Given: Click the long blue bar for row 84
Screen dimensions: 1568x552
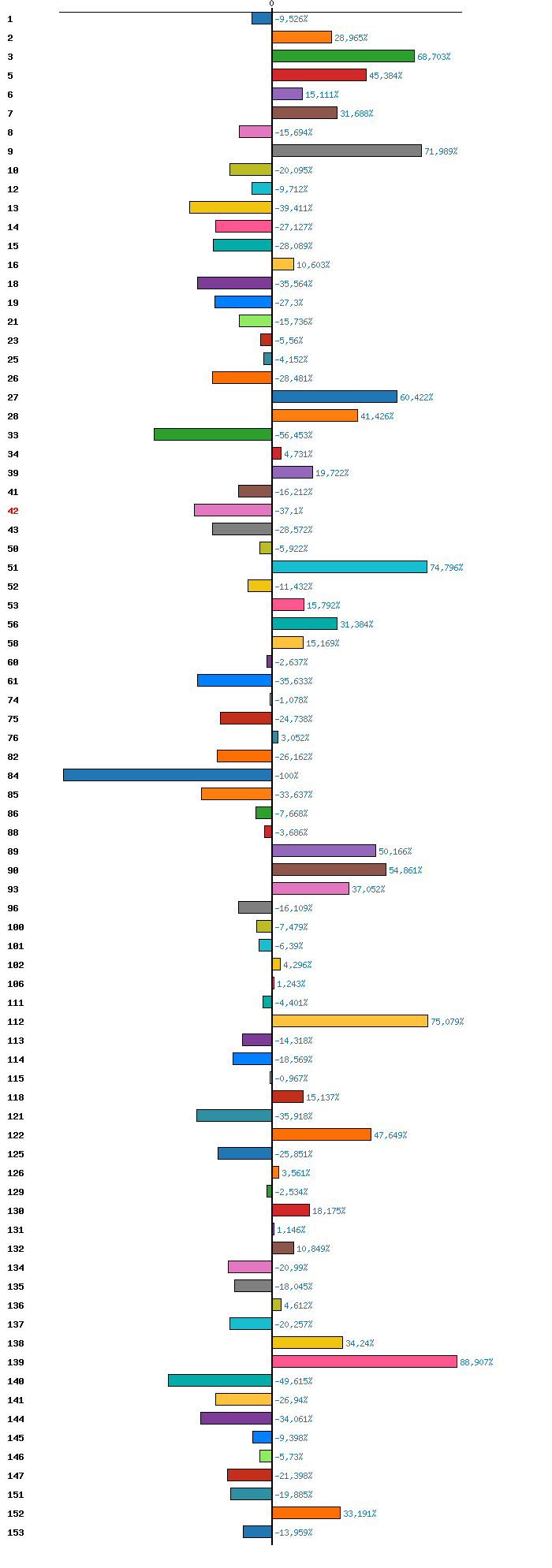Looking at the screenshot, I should pyautogui.click(x=167, y=775).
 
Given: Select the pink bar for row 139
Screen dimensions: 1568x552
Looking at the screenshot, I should pyautogui.click(x=364, y=1361).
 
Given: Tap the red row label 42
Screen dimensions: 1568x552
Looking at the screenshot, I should pyautogui.click(x=13, y=511).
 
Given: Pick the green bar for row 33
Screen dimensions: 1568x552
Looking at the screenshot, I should pyautogui.click(x=213, y=434).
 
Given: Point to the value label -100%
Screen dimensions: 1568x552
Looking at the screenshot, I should pyautogui.click(x=286, y=776).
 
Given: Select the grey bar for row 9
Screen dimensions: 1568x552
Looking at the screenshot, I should pyautogui.click(x=347, y=151).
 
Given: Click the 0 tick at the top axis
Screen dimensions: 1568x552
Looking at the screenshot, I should pyautogui.click(x=271, y=4).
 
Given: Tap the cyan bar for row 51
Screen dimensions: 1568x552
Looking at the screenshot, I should pyautogui.click(x=349, y=567).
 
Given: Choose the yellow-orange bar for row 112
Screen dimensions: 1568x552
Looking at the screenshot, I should pyautogui.click(x=350, y=1021).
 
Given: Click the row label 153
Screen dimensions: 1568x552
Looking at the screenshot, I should pyautogui.click(x=15, y=1533).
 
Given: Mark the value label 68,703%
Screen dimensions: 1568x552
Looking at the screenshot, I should pyautogui.click(x=434, y=57).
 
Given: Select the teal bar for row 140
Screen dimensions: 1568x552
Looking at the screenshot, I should pyautogui.click(x=220, y=1380).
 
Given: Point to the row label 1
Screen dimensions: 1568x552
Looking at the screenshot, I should pyautogui.click(x=10, y=19).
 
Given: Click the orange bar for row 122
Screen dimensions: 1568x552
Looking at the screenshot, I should pyautogui.click(x=322, y=1134).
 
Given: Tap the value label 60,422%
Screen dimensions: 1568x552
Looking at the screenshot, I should pyautogui.click(x=416, y=397).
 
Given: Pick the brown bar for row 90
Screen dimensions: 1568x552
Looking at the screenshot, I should pyautogui.click(x=329, y=870).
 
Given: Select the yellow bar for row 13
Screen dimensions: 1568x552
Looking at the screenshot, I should pyautogui.click(x=230, y=207).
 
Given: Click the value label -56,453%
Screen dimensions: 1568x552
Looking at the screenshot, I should pyautogui.click(x=293, y=435).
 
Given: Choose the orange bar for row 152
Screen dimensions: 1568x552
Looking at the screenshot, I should pyautogui.click(x=306, y=1513).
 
